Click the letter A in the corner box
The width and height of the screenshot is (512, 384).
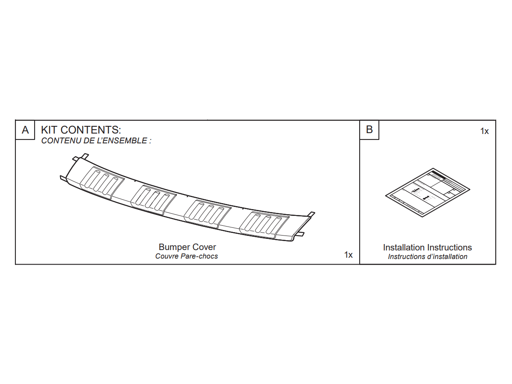pyautogui.click(x=25, y=130)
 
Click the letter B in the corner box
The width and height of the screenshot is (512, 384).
pyautogui.click(x=369, y=130)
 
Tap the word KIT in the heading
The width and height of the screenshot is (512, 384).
pyautogui.click(x=49, y=130)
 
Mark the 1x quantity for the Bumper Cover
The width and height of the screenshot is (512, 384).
pyautogui.click(x=348, y=255)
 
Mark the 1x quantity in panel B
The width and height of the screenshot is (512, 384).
pyautogui.click(x=484, y=131)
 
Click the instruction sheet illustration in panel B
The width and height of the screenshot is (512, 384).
pyautogui.click(x=428, y=192)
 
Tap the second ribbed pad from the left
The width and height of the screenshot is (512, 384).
pyautogui.click(x=154, y=200)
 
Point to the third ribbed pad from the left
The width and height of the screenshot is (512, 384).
pyautogui.click(x=208, y=214)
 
